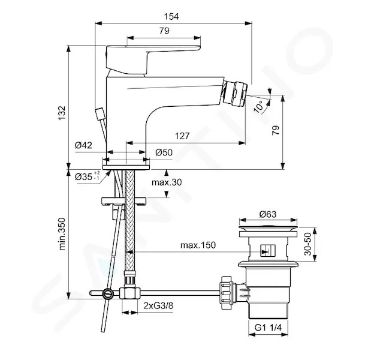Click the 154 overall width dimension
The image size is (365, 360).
pos(171,17)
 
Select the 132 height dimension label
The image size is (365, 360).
pos(62,113)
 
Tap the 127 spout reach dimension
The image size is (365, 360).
pos(182,136)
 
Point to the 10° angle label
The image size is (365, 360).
pos(259,107)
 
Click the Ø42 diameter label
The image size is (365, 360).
pos(83,145)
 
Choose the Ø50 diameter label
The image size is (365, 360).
pos(164,152)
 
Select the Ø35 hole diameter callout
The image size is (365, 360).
pos(88,176)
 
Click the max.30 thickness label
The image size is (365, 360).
pos(167,182)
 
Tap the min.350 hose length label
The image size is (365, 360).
pos(62,234)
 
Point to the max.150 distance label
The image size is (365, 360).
pos(198,245)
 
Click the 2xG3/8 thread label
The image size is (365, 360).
pos(158,305)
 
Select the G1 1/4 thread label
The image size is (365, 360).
pos(268,328)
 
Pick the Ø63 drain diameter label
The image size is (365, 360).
pos(268,214)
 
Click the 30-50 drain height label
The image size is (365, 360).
pos(307,244)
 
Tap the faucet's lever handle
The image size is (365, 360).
pos(153,59)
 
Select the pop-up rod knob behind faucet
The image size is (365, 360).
pos(100,114)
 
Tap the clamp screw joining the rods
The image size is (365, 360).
pos(108,293)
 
